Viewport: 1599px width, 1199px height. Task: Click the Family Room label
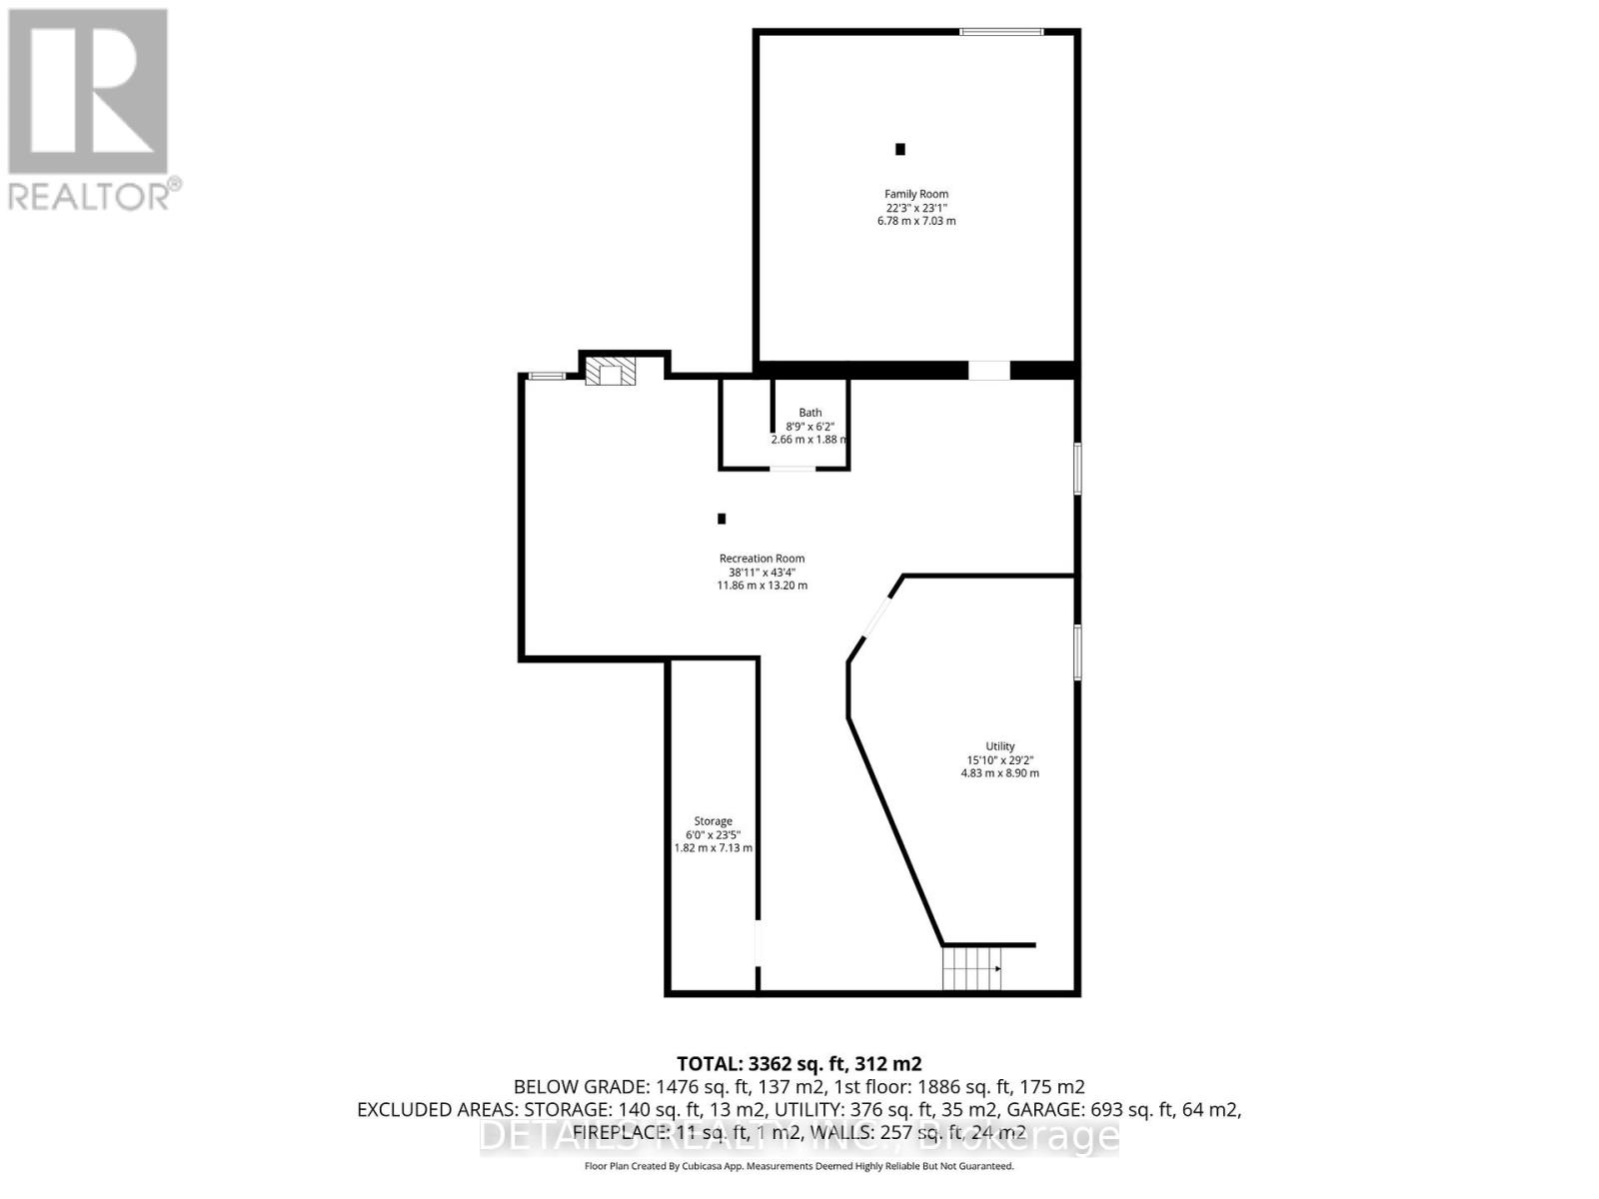pos(915,194)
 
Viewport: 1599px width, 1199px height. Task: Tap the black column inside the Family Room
pos(899,149)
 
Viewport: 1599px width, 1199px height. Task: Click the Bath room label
pos(809,412)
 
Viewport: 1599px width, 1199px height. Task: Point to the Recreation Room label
pos(762,559)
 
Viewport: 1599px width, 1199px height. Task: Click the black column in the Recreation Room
pos(722,519)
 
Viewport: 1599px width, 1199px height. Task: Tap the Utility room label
pos(999,746)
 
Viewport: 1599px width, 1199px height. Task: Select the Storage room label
pos(713,821)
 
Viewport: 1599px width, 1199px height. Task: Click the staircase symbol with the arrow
pos(971,968)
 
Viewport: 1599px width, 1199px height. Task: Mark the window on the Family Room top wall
pos(1001,33)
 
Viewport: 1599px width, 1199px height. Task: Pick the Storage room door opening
pos(758,942)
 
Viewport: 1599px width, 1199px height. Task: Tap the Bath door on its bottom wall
pos(792,469)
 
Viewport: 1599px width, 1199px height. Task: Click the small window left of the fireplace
pos(547,376)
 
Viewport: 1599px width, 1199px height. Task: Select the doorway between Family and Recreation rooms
pos(988,370)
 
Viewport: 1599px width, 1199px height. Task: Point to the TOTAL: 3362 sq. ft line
pos(799,1063)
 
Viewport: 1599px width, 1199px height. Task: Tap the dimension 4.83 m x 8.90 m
pos(999,773)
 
